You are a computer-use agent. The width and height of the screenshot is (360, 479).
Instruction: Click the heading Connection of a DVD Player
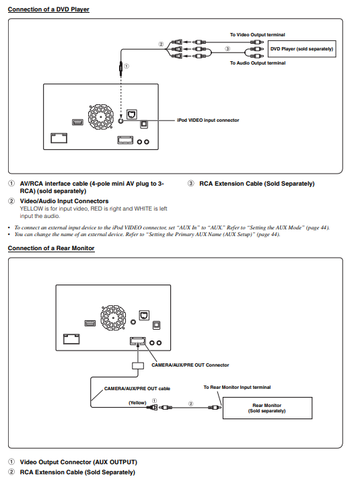(48, 9)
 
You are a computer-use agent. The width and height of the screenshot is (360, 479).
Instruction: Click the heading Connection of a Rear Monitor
(51, 248)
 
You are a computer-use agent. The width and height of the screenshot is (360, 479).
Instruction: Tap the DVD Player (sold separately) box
(302, 49)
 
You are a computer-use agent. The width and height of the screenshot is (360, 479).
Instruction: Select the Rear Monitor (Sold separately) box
(267, 408)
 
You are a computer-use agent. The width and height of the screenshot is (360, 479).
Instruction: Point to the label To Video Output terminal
(258, 35)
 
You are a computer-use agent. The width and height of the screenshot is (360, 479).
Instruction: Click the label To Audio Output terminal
(258, 63)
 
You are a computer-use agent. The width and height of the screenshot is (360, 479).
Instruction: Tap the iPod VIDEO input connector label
(208, 120)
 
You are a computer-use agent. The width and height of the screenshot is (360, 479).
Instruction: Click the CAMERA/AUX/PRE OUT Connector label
(190, 365)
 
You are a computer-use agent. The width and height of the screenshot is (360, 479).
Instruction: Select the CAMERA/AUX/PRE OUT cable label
(137, 389)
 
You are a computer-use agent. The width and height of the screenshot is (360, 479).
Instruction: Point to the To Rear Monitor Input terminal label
(237, 388)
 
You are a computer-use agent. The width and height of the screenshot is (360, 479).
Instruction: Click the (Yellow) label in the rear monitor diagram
(137, 402)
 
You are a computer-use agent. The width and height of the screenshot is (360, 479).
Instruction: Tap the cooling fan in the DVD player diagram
(100, 116)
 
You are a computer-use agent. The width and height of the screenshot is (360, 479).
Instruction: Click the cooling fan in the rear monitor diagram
(113, 318)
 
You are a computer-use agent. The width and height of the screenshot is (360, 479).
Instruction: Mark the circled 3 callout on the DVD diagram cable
(227, 49)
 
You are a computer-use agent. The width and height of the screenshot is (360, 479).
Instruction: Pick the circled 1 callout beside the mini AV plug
(127, 66)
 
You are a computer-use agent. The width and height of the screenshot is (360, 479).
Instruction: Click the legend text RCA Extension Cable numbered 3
(256, 184)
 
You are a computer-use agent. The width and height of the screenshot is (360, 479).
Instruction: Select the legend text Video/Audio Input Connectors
(64, 201)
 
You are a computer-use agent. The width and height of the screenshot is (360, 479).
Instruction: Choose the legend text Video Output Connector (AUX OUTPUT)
(79, 462)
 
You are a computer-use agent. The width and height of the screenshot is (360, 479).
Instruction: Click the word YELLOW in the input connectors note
(32, 209)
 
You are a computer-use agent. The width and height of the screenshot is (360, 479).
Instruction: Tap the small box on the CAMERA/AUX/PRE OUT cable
(138, 366)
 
